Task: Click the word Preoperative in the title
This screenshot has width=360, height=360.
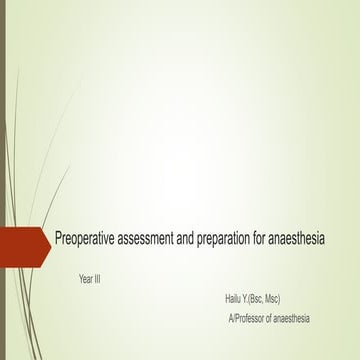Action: pos(87,241)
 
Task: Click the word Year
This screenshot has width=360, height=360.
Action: pos(88,278)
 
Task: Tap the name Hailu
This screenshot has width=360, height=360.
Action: pos(237,298)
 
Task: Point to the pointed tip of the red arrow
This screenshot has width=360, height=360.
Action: pos(50,241)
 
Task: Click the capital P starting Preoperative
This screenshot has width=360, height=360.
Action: pos(58,241)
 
